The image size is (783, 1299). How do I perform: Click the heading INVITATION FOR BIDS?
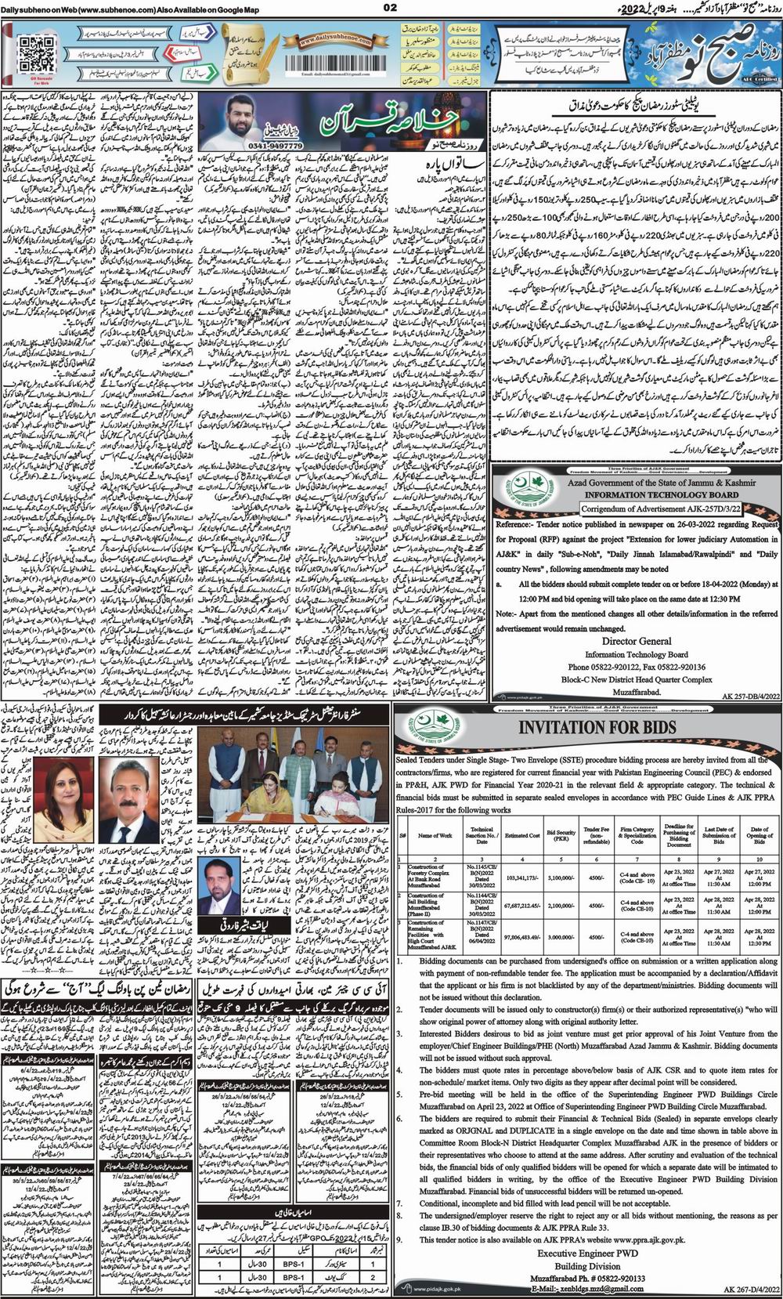point(594,726)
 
